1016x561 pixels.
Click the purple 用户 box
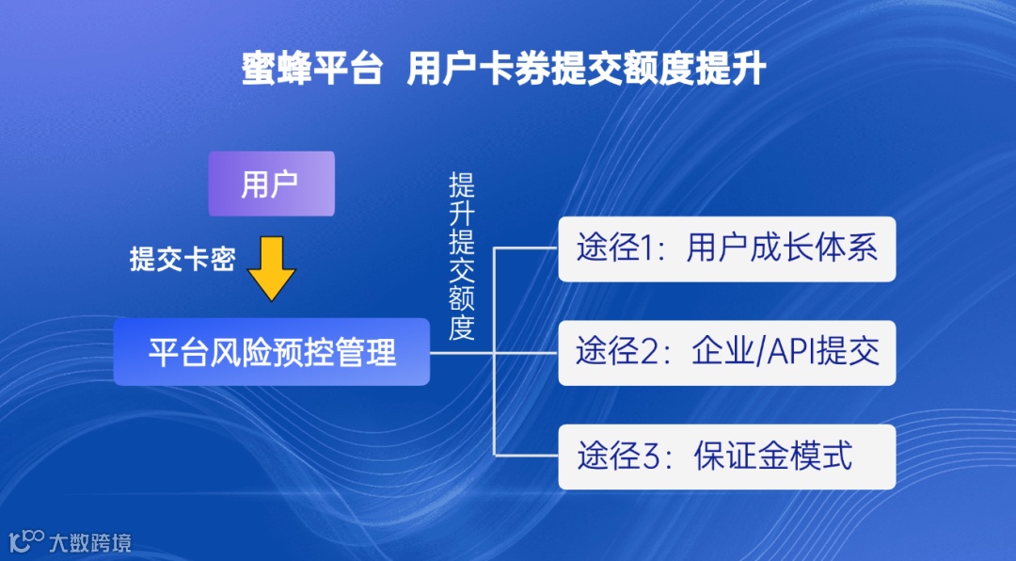271,184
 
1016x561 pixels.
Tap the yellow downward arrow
272,268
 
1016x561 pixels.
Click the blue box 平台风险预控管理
271,352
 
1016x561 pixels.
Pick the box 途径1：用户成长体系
726,249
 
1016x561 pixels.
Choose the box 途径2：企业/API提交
726,352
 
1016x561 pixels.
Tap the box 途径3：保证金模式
726,457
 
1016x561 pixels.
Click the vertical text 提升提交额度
461,256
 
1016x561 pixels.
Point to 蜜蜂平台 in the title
311,71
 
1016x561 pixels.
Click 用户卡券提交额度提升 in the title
586,71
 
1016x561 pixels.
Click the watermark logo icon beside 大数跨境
26,541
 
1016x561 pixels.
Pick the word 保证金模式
772,457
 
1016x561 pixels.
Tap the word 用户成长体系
782,249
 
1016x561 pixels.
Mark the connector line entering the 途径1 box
527,249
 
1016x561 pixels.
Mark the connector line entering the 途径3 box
527,456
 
